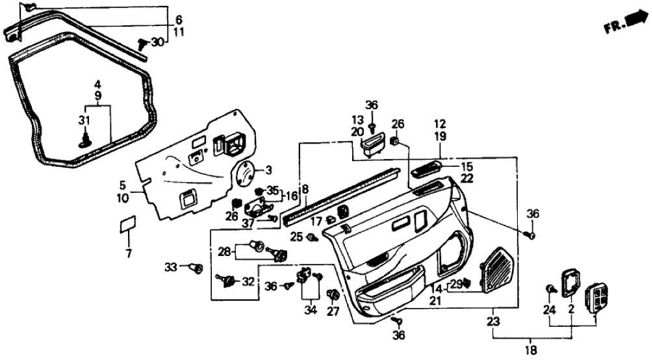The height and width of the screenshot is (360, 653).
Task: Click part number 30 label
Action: coord(157,42)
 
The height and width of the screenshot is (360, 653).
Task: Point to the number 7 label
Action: coord(128,253)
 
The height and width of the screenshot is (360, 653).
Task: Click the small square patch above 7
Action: coord(127,224)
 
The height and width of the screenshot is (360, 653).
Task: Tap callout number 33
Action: coord(170,266)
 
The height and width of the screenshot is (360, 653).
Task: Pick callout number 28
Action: coord(224,251)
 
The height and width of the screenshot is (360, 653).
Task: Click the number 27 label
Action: coord(333,311)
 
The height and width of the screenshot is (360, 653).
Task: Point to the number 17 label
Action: coord(316,222)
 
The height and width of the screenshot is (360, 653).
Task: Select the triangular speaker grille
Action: coord(500,267)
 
